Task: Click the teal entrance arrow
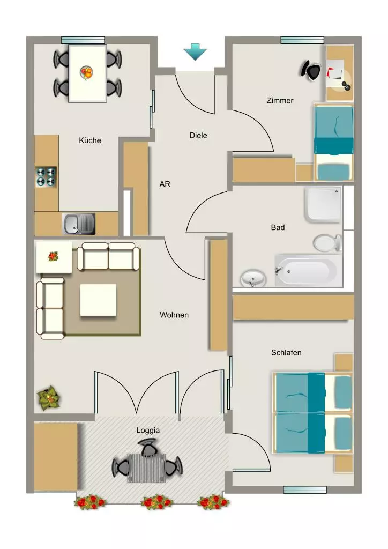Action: pos(195,51)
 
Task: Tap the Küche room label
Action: pos(90,140)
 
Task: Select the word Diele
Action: pos(198,136)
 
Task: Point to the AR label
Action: pos(165,184)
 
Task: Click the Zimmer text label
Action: pos(280,100)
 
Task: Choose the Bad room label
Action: pos(278,227)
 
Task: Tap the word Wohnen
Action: pos(174,315)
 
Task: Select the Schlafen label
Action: pos(286,353)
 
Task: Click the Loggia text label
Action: pos(148,431)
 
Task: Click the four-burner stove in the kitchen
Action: pos(46,177)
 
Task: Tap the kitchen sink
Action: pos(79,224)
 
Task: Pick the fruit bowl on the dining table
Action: pos(87,73)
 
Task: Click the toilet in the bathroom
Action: pos(327,243)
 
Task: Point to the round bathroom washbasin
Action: pos(253,278)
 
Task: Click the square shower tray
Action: pos(323,205)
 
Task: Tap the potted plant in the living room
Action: pos(49,398)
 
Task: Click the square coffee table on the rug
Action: pos(98,300)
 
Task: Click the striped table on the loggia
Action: pos(146,468)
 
